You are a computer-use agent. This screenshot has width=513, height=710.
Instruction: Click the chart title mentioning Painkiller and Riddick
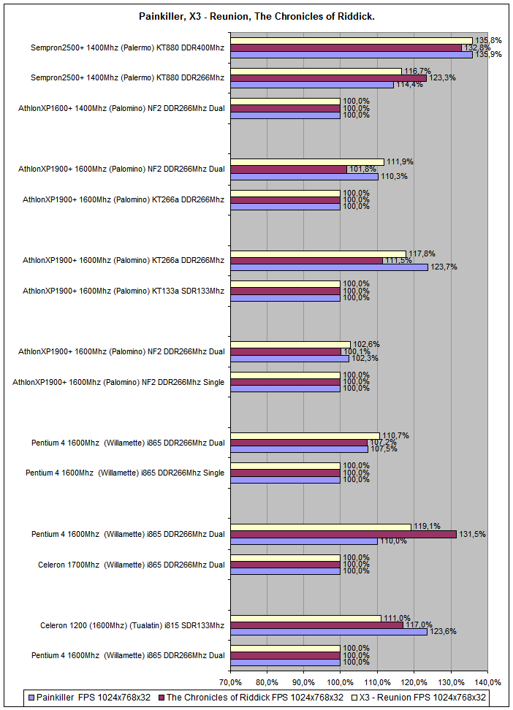coord(256,15)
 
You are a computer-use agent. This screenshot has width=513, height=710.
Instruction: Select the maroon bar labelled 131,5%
coord(343,534)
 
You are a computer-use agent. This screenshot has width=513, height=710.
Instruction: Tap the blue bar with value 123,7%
coord(329,267)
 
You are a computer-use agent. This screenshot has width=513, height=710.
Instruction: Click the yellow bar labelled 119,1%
coord(321,527)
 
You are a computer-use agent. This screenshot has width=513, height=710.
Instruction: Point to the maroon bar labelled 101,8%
coord(289,169)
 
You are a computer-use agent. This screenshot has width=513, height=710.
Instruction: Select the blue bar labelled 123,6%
coord(329,632)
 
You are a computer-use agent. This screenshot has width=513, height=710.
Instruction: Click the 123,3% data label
coord(441,77)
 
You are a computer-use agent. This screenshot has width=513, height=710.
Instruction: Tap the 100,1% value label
coord(356,351)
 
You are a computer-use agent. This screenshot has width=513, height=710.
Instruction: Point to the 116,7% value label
coord(415,71)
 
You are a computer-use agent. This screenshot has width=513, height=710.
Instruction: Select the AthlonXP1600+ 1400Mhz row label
coord(122,108)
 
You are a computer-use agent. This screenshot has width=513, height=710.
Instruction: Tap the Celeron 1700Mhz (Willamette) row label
coord(132,564)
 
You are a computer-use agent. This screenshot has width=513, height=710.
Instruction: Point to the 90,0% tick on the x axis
coord(304,682)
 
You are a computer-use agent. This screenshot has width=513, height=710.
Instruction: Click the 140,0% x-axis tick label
coord(487,682)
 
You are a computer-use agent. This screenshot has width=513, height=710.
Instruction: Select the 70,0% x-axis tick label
coord(230,682)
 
